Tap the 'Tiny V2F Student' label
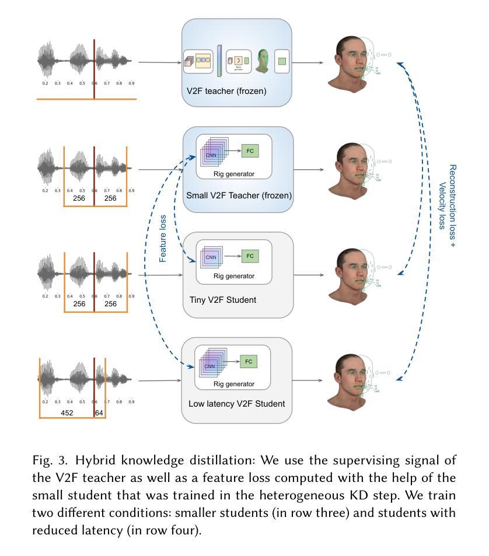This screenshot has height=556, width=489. [223, 300]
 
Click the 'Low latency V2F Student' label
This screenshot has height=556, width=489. [237, 403]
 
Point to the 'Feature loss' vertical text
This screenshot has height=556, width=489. [163, 238]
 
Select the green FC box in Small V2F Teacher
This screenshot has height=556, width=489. [250, 151]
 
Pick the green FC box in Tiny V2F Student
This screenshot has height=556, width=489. [250, 256]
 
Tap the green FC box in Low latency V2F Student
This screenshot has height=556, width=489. [249, 362]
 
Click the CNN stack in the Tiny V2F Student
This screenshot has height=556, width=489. [211, 257]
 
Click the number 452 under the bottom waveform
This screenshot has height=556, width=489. [68, 412]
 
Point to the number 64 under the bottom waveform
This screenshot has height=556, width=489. [99, 412]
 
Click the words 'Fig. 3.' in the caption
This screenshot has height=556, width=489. [48, 459]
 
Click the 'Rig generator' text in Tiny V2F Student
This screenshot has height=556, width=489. [233, 276]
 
